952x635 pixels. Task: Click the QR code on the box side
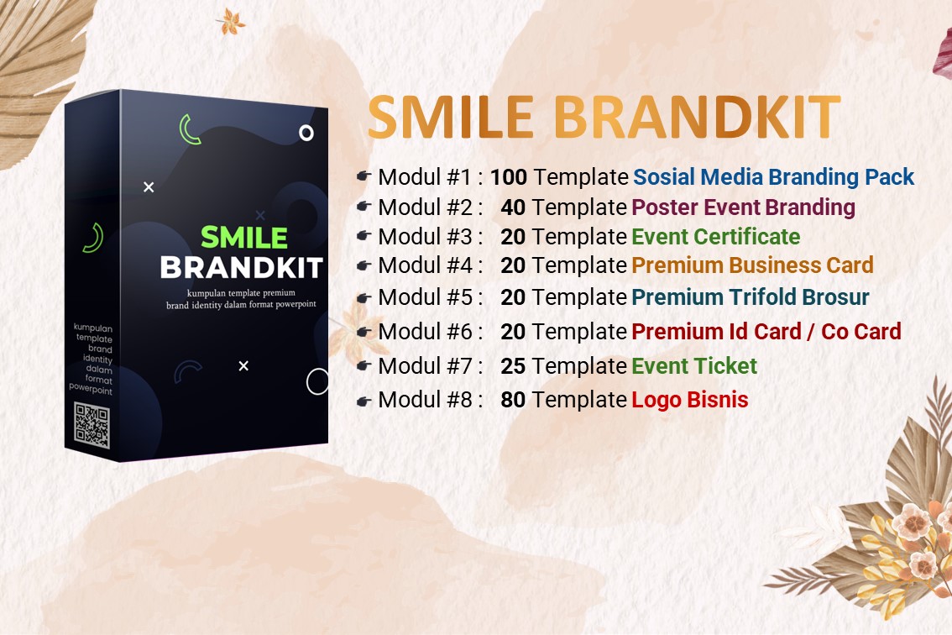tap(92, 426)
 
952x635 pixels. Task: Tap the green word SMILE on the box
tap(244, 238)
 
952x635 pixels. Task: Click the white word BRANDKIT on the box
tap(242, 268)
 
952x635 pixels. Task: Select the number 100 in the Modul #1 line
tap(509, 177)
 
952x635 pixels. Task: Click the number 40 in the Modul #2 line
tap(513, 207)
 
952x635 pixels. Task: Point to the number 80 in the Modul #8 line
tap(513, 400)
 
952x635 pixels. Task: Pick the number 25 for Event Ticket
tap(513, 366)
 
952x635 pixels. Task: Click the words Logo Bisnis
tap(690, 401)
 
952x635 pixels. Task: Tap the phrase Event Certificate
tap(716, 236)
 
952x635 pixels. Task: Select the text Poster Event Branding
tap(743, 207)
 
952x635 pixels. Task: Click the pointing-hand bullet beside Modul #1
tap(364, 176)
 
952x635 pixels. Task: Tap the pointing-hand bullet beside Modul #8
tap(364, 401)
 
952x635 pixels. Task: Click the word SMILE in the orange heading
tap(451, 118)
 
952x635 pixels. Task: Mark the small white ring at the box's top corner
tap(306, 133)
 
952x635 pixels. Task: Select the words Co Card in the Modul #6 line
tap(861, 332)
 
